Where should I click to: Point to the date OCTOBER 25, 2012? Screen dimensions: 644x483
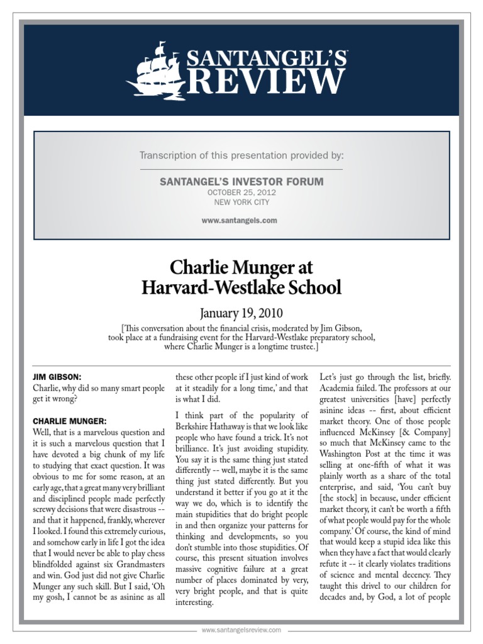[241, 192]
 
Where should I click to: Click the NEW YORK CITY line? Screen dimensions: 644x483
[241, 202]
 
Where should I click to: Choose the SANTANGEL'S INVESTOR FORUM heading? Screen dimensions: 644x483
[241, 182]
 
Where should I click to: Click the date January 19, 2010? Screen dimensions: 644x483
[241, 313]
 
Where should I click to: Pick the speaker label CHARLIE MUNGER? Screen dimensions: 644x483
[70, 420]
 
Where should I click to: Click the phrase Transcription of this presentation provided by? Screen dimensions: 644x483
[241, 155]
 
